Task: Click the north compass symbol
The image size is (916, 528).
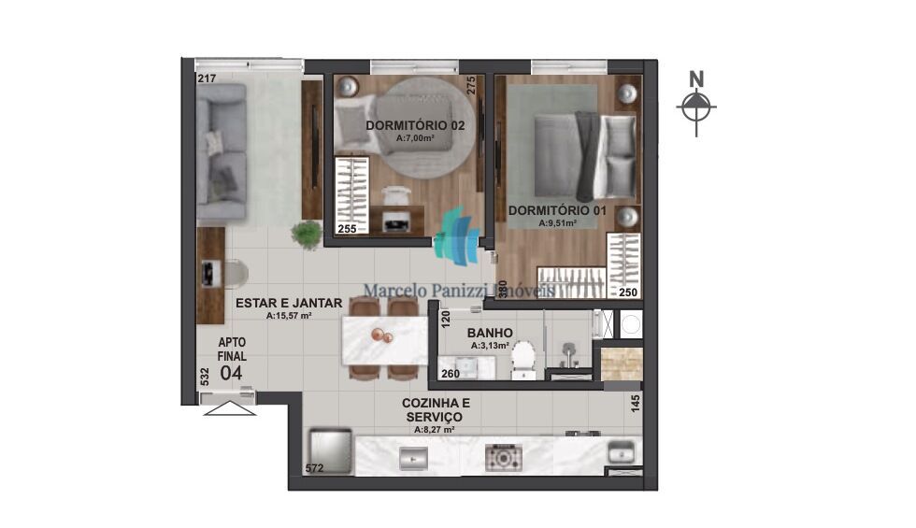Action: [694, 107]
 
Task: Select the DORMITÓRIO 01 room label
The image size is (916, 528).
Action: [556, 211]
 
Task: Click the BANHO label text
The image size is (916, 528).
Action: [489, 332]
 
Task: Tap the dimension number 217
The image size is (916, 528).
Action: [207, 78]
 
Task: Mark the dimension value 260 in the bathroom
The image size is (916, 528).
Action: [449, 375]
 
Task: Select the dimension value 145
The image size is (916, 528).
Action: [635, 405]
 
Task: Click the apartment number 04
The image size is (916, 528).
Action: [231, 373]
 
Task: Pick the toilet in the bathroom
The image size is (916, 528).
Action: [522, 357]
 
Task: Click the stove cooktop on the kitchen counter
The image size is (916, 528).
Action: [502, 458]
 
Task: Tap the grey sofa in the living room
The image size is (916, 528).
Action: [222, 152]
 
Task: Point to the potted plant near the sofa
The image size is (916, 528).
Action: [306, 233]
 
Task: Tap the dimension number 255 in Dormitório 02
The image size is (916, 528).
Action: [346, 228]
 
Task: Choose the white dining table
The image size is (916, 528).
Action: [384, 340]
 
